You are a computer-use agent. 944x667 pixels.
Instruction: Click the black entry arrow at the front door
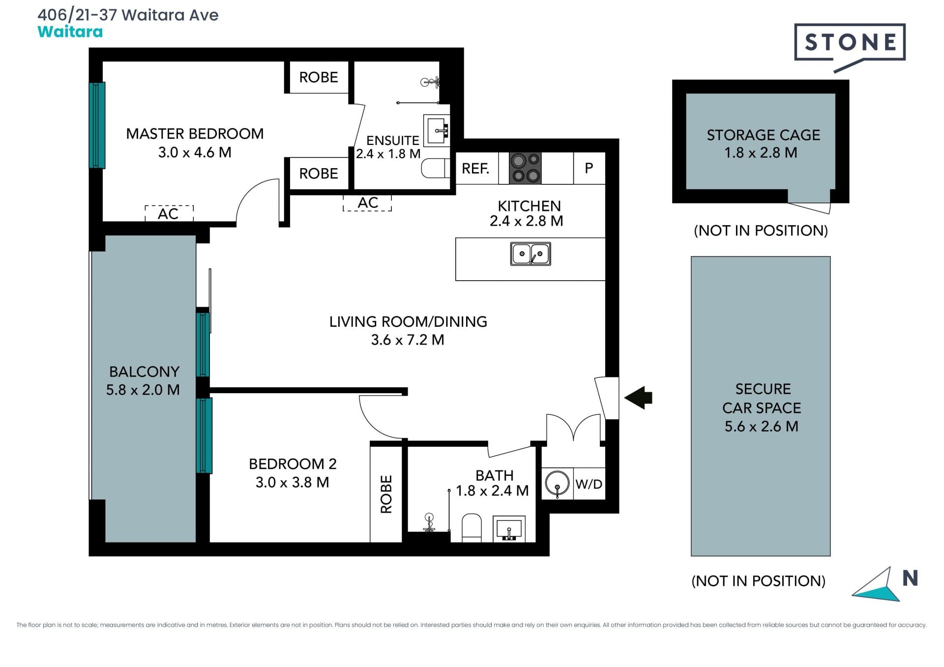coord(638,398)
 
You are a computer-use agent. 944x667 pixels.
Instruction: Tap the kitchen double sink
coord(531,254)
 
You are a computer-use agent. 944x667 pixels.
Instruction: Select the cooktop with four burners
coord(525,168)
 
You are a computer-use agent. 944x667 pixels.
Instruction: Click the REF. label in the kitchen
coord(475,169)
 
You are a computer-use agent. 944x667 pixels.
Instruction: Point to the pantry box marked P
coord(589,168)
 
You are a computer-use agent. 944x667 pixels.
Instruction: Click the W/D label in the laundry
coord(589,484)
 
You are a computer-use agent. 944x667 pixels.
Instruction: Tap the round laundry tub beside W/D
coord(557,483)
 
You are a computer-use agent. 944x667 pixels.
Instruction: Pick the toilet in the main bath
coord(472,528)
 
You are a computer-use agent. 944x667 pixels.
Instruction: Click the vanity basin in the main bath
coord(509,529)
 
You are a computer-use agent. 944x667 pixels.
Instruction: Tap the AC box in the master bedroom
coord(169,213)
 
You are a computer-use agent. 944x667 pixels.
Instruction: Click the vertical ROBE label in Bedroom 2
coord(386,494)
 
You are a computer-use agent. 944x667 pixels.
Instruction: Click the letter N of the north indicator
coord(911,578)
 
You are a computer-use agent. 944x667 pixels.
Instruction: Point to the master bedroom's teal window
coord(97,125)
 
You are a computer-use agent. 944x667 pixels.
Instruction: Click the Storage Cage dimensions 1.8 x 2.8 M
coord(761,153)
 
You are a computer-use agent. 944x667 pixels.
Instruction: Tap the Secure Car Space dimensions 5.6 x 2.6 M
coord(761,426)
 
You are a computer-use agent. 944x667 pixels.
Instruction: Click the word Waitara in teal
coord(70,32)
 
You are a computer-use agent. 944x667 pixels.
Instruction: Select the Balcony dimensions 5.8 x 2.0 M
coord(143,390)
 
